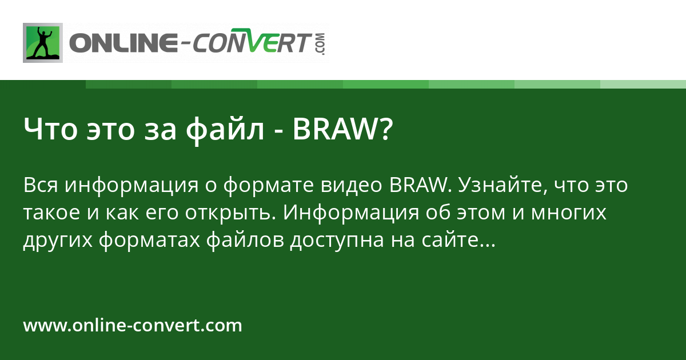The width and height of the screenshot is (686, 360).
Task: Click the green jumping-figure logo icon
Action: point(42,43)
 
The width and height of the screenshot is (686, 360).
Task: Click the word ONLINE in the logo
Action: point(123,43)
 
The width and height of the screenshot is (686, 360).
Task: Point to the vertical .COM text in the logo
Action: point(320,43)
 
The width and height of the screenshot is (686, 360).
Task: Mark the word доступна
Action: point(336,241)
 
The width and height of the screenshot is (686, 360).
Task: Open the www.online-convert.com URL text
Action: point(133,326)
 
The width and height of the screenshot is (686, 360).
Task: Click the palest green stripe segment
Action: point(643,84)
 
